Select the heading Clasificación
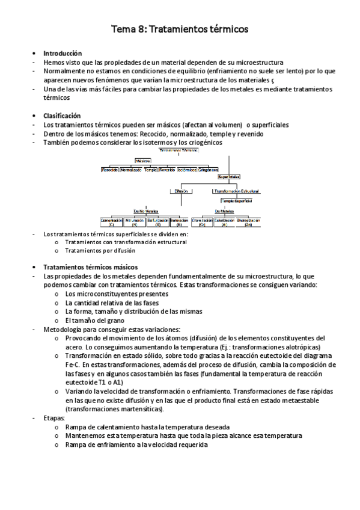tap(62, 115)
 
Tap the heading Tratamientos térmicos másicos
tap(90, 266)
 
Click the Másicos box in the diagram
tap(143, 161)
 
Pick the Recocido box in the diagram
tap(110, 170)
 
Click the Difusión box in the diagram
tap(181, 191)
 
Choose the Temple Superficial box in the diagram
tap(236, 200)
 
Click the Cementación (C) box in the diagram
tap(112, 222)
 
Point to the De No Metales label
tap(145, 210)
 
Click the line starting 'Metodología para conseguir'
tap(111, 330)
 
